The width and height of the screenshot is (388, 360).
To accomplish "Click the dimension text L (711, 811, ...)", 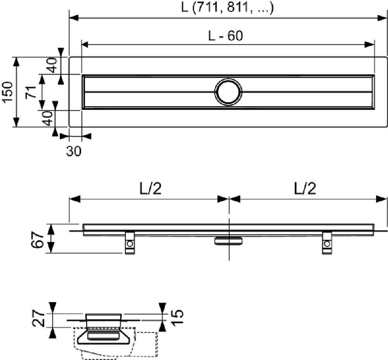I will click(x=228, y=8).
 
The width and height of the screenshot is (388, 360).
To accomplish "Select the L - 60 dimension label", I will click(x=225, y=36).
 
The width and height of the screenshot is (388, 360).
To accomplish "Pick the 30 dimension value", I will click(x=74, y=151).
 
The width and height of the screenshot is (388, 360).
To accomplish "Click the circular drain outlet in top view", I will click(x=228, y=92).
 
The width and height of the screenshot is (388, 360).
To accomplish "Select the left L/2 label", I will click(x=150, y=189).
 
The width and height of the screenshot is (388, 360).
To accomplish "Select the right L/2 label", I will click(x=305, y=189).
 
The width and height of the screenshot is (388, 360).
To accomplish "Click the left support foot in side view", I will click(x=129, y=243).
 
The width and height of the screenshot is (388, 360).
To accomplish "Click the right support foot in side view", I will click(x=327, y=243).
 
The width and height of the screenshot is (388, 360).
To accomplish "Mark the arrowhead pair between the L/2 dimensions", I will click(x=229, y=199).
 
